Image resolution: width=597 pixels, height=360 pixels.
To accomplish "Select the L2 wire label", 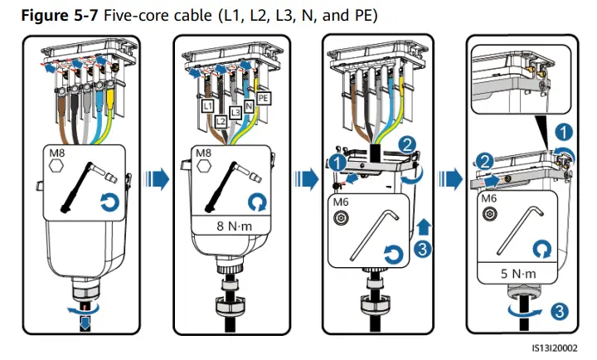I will (x=221, y=121).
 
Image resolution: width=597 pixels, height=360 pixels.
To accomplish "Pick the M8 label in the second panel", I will (x=203, y=153).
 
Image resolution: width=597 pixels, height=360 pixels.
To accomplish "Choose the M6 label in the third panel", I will (x=338, y=202).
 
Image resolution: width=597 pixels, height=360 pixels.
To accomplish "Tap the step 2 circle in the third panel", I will (x=407, y=143).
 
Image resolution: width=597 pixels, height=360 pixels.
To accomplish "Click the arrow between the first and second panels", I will (x=158, y=178).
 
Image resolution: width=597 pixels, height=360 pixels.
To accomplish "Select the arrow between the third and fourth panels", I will (x=451, y=178).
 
